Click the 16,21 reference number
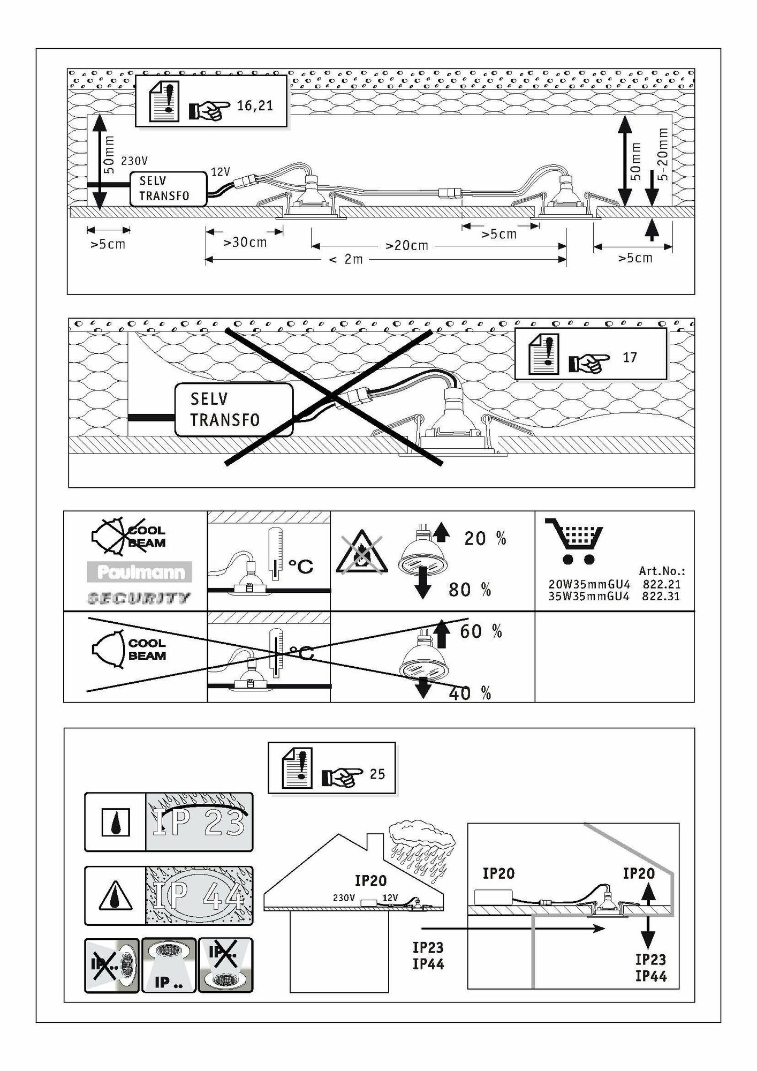pos(255,105)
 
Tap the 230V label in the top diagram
pos(134,161)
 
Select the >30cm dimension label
pos(245,243)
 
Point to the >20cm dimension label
pos(407,246)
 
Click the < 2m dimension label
pos(346,260)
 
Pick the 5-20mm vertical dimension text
pos(663,154)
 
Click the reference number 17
pos(630,357)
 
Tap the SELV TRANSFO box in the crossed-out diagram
pos(234,410)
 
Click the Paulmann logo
pos(140,572)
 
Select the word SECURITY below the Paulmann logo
pos(138,598)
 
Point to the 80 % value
pos(470,590)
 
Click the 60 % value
pos(481,632)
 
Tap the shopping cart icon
pos(573,541)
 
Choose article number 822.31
pos(661,596)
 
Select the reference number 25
pos(377,774)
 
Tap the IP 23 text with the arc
pos(199,822)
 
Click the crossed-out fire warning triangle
pos(360,554)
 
